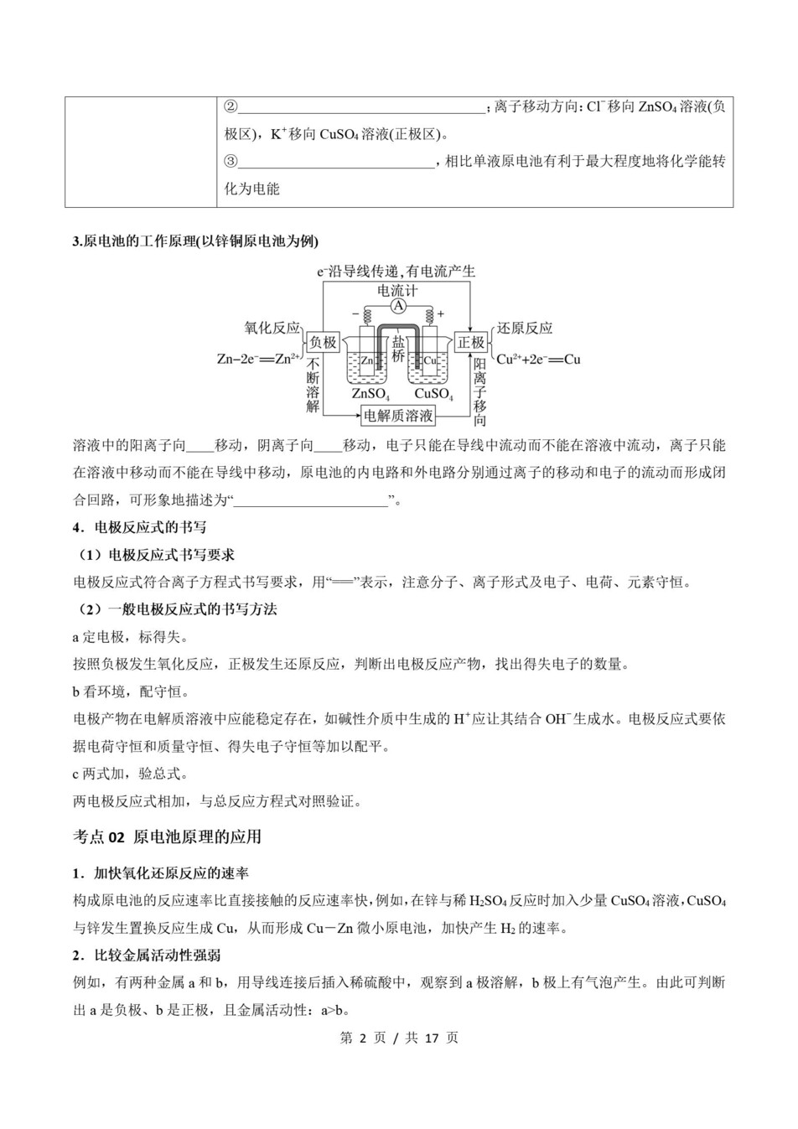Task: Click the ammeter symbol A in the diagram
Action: tap(398, 308)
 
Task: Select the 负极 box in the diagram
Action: tap(323, 342)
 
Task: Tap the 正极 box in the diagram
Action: tap(471, 342)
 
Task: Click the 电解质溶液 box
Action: tap(398, 415)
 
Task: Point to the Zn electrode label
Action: tap(366, 360)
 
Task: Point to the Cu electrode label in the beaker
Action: tap(430, 360)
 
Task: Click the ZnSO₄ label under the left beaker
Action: tap(370, 393)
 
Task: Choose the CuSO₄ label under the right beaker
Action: tap(433, 393)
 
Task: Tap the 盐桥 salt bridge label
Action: tap(398, 349)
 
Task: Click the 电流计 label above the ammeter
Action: tap(397, 291)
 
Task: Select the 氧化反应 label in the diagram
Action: tap(272, 329)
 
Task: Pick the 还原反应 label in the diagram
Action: tap(525, 329)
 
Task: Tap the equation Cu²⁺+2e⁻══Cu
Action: tap(538, 359)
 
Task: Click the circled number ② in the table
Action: tap(231, 106)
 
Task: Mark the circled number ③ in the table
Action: tap(231, 162)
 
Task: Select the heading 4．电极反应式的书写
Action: tap(140, 527)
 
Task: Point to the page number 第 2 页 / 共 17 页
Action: tap(399, 1038)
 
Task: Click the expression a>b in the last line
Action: tap(334, 1010)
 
